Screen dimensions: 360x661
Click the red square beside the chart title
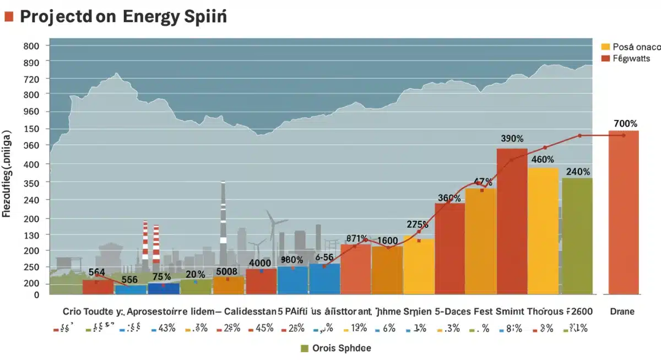[8, 16]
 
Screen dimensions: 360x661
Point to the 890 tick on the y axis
[32, 62]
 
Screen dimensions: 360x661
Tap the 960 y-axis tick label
[32, 112]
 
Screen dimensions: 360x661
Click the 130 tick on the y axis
[32, 235]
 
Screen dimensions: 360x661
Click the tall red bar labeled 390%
[512, 220]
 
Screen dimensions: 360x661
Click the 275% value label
[418, 225]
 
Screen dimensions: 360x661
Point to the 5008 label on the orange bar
[227, 271]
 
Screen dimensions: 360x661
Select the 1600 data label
[387, 241]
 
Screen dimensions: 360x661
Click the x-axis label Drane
[623, 312]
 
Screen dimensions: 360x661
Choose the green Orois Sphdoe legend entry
[337, 348]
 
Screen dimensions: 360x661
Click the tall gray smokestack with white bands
[223, 220]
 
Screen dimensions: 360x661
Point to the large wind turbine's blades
[273, 223]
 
